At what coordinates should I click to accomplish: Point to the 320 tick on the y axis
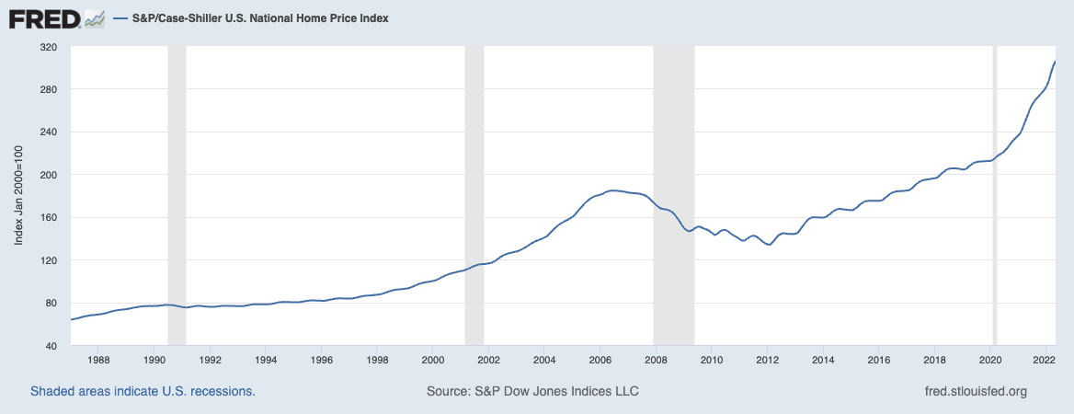[48, 47]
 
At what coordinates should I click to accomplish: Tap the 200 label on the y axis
[48, 175]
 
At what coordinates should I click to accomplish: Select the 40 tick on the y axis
[51, 346]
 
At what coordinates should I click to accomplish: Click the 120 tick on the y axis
[48, 260]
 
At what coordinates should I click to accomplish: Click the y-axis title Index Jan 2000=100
[19, 196]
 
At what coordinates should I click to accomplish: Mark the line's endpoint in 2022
[1055, 62]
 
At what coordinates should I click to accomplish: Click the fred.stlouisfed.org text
[975, 391]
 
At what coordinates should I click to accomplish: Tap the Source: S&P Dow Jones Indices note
[532, 391]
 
